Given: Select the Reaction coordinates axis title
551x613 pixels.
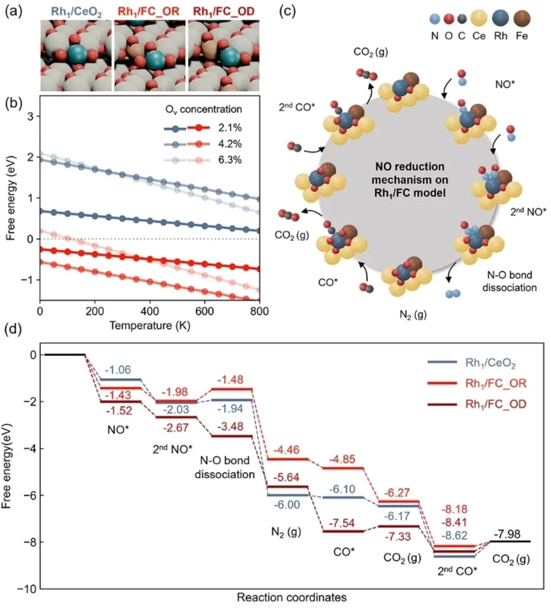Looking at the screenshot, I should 291,598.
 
